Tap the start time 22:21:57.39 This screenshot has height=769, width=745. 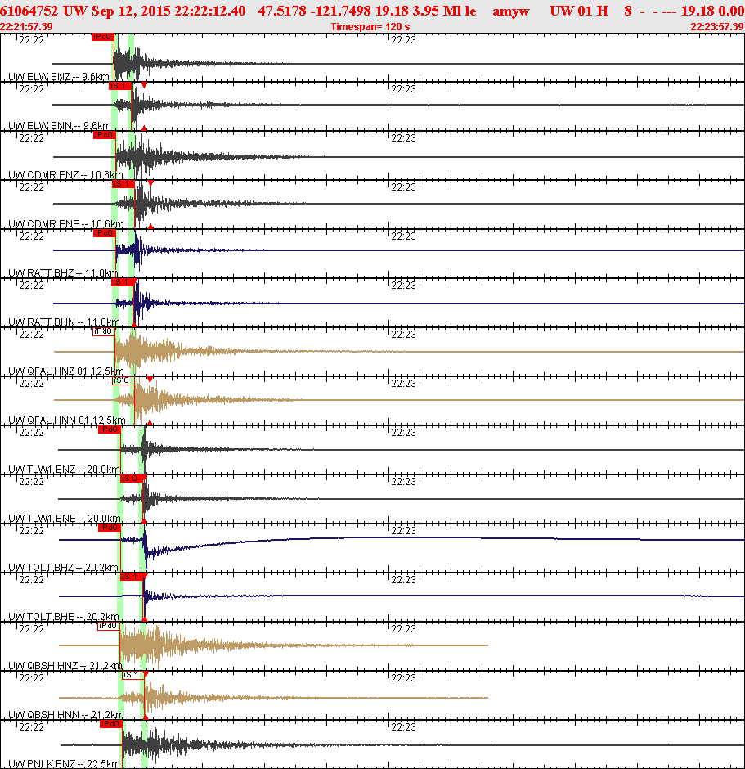click(27, 27)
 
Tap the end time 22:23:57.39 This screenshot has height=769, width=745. click(717, 27)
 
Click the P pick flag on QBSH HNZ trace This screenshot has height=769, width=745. click(108, 626)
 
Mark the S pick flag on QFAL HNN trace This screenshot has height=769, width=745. click(121, 380)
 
